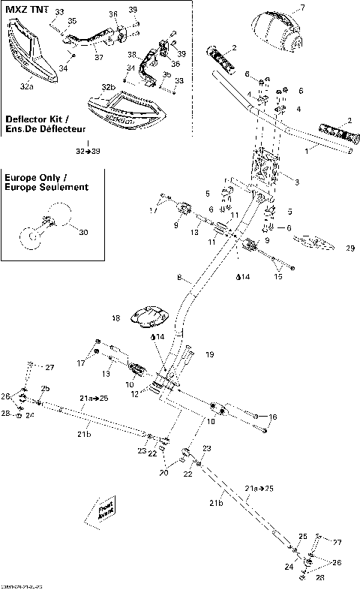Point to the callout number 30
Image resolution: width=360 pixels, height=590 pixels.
point(82,233)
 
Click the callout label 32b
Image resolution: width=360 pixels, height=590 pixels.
point(109,87)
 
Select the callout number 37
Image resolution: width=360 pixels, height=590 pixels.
point(98,56)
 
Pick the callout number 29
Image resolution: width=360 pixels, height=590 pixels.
point(349,248)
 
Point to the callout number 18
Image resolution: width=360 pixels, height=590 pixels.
point(115,318)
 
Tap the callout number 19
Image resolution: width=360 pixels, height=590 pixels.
point(210,354)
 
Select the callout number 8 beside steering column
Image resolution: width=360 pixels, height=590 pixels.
point(179,278)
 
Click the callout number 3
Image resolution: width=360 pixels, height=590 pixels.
point(298,182)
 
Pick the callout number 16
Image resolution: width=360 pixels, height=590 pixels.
point(273,417)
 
